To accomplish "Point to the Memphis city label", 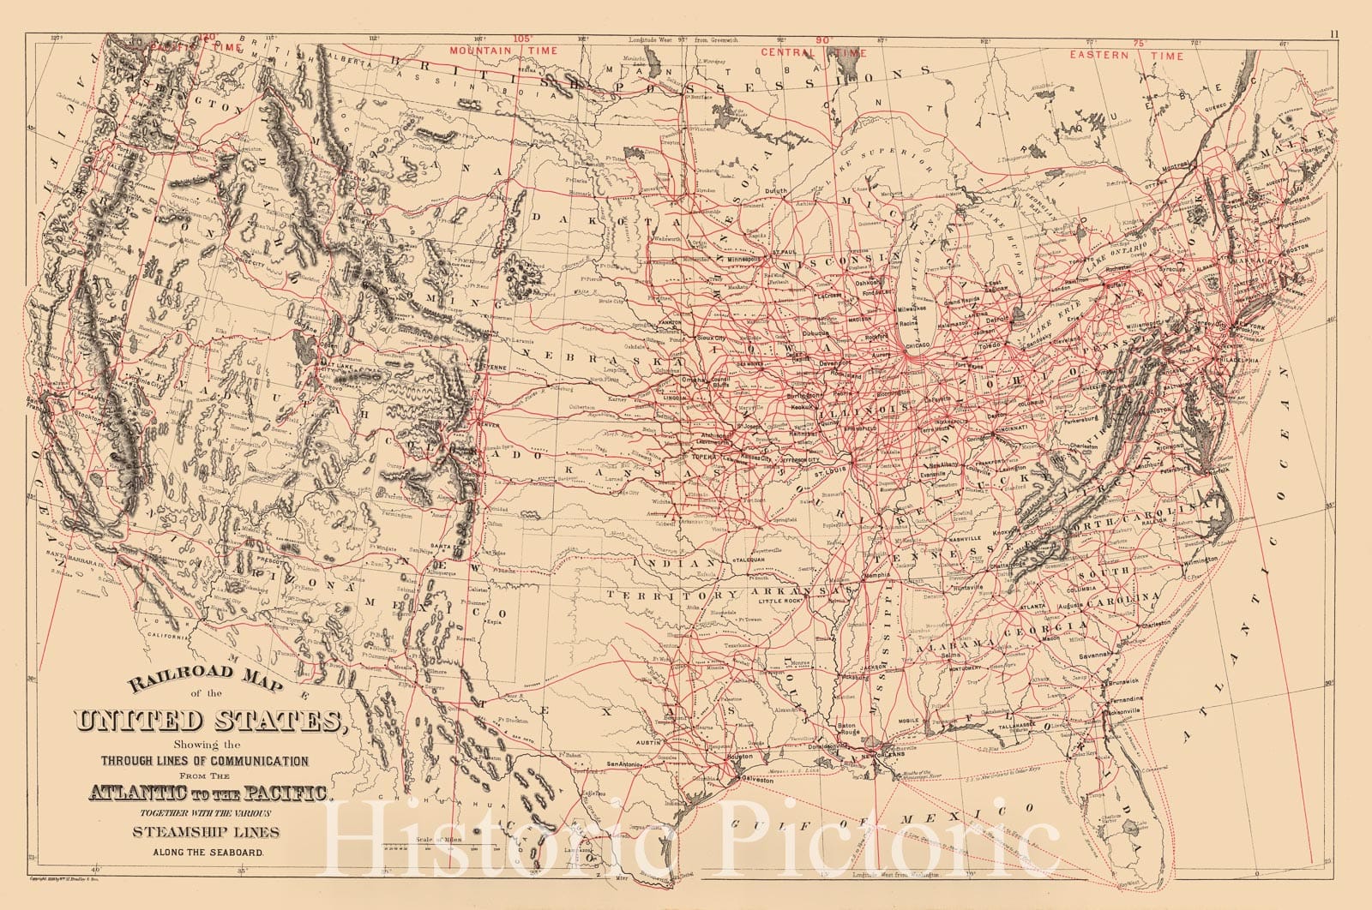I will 877,576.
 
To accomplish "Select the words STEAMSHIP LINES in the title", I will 205,831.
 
